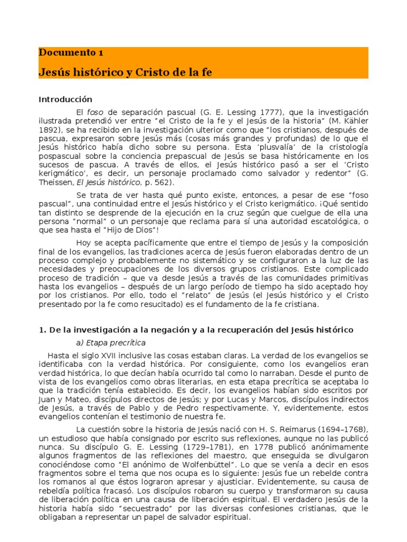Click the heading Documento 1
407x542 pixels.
click(x=71, y=52)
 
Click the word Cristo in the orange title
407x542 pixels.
click(x=155, y=73)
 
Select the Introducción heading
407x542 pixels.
click(x=66, y=100)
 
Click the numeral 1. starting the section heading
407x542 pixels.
click(x=42, y=330)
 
